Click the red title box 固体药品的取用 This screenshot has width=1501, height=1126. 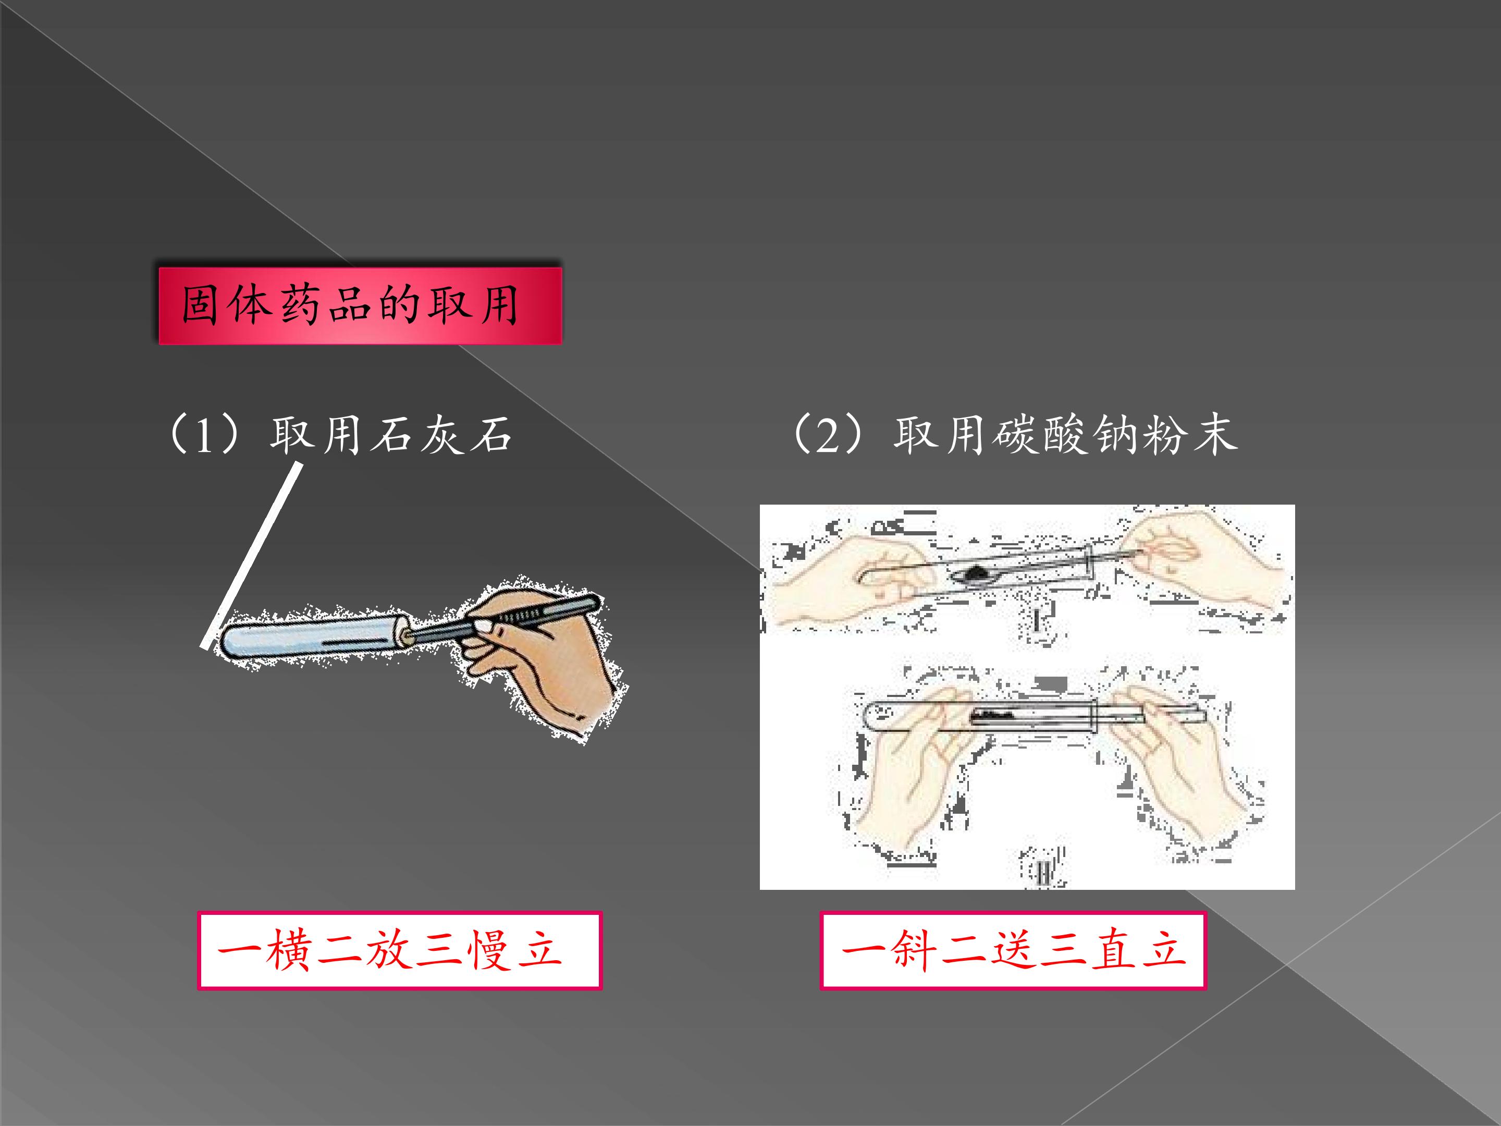click(x=360, y=305)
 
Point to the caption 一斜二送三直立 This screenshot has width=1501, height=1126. click(x=1013, y=950)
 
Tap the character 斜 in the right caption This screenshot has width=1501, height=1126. click(x=914, y=950)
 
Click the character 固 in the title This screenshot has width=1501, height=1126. click(x=201, y=305)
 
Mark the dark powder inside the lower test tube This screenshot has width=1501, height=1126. click(x=993, y=715)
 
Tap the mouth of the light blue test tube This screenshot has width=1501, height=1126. click(x=404, y=632)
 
